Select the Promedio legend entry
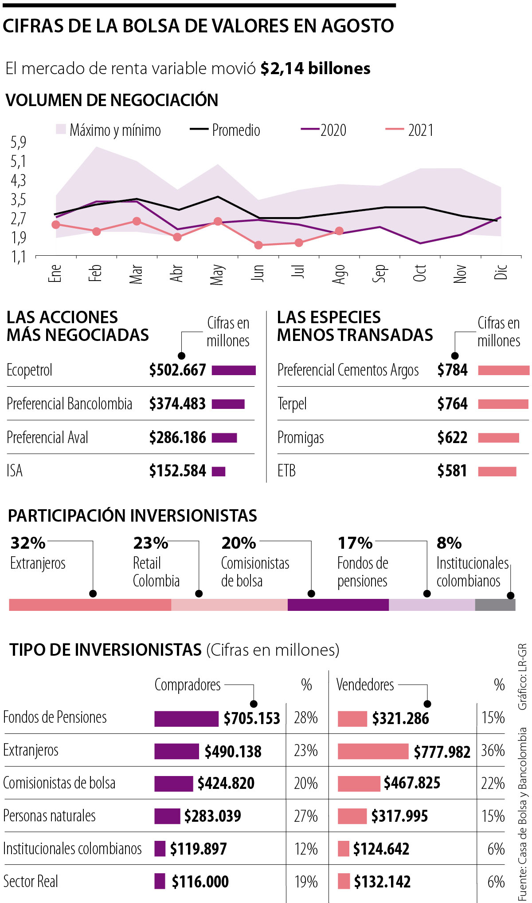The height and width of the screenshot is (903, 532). (225, 130)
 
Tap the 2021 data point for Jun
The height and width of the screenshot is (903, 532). (258, 245)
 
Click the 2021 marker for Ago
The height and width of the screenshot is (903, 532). (339, 231)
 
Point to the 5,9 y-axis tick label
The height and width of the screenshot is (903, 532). (18, 142)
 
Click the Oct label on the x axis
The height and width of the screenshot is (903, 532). (419, 273)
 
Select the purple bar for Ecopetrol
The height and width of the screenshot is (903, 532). (234, 370)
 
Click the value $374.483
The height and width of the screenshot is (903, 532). (177, 404)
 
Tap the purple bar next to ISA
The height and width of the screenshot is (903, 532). (219, 471)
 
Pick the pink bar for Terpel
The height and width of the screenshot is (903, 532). (503, 404)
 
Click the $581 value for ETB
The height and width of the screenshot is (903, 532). (452, 471)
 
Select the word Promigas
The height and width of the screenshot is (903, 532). (301, 438)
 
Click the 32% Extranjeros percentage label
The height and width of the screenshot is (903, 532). (28, 543)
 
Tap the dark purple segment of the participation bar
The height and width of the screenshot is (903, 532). (338, 605)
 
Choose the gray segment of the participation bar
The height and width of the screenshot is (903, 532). (495, 605)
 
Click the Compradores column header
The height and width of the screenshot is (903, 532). (188, 685)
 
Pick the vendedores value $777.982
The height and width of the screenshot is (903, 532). (442, 752)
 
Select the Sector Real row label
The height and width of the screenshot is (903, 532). (31, 881)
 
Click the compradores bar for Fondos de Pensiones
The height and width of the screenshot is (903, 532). (186, 719)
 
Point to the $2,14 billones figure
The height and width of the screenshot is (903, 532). (315, 68)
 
